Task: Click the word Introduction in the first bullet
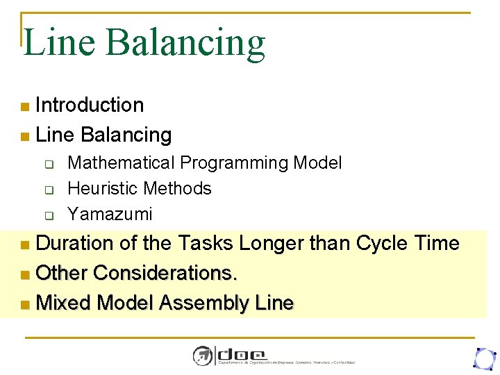point(90,105)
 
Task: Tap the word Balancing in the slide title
point(185,42)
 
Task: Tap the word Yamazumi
point(110,214)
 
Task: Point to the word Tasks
point(206,243)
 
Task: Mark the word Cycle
point(382,243)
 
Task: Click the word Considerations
point(165,273)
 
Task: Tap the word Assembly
point(204,303)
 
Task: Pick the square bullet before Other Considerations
point(25,274)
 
